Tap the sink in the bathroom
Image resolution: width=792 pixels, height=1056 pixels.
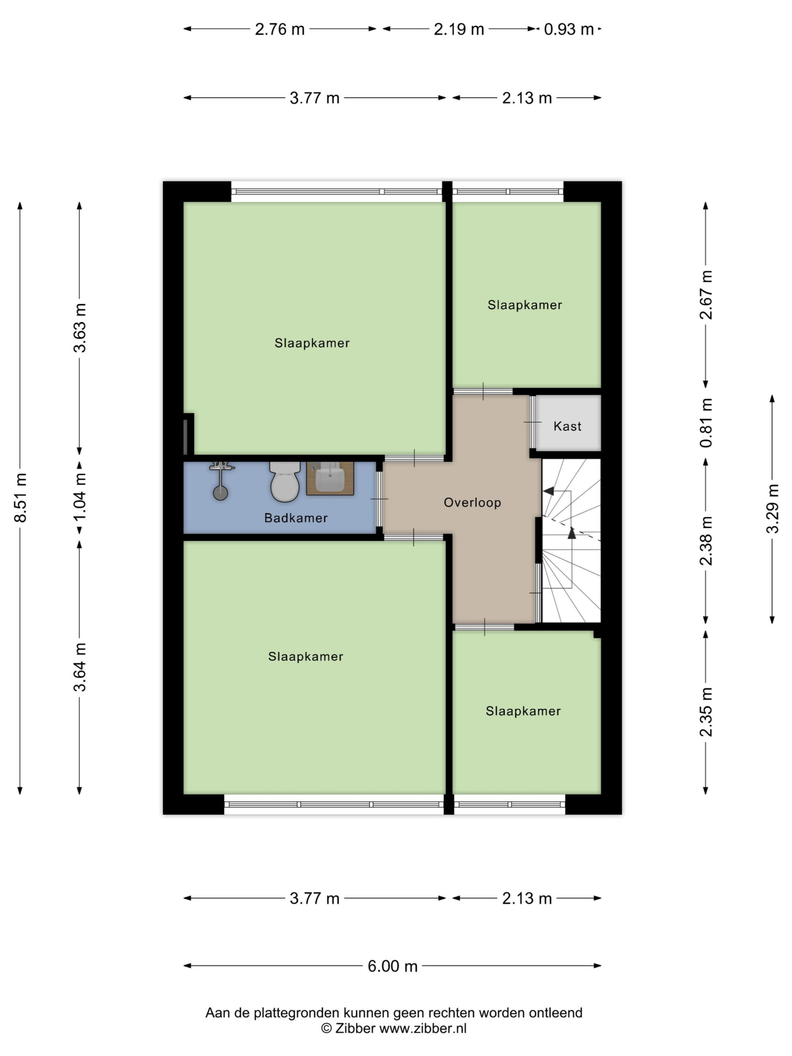[x=330, y=478]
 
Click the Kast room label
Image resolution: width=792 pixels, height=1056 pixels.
[x=567, y=426]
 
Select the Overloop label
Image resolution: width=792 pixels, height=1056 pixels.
[x=472, y=502]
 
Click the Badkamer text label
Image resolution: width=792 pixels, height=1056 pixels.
[x=296, y=518]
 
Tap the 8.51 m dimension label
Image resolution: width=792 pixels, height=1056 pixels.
[x=21, y=497]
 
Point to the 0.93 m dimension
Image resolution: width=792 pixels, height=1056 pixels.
[x=568, y=29]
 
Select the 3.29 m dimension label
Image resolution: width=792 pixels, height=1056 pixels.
[x=773, y=509]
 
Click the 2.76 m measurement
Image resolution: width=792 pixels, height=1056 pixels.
[x=280, y=29]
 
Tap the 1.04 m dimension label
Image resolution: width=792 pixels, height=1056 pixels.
[x=80, y=497]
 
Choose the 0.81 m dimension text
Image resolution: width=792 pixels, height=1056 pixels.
[x=706, y=423]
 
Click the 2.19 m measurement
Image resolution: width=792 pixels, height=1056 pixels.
[x=459, y=29]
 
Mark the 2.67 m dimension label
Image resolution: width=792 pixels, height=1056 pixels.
[x=706, y=295]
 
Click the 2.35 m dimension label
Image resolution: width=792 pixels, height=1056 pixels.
[x=706, y=712]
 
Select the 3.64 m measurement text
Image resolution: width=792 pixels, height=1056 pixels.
[x=80, y=667]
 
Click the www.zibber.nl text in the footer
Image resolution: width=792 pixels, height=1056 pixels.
[x=422, y=1028]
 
